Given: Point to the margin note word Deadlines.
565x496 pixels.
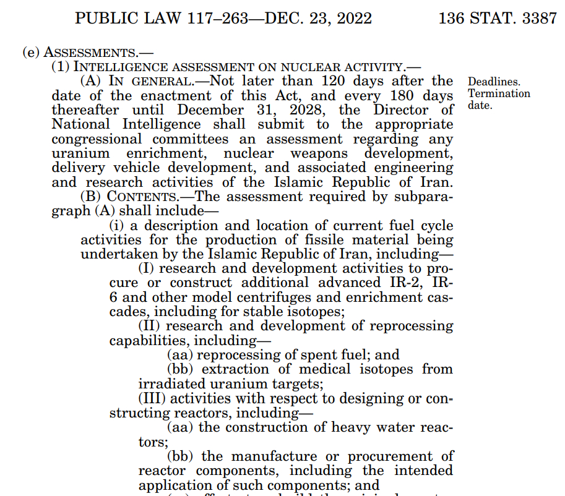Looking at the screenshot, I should (494, 82).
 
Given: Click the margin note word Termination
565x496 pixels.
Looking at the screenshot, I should (499, 93).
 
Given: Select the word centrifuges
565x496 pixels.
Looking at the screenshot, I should (237, 297).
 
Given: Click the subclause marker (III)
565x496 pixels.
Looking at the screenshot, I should (151, 398).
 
